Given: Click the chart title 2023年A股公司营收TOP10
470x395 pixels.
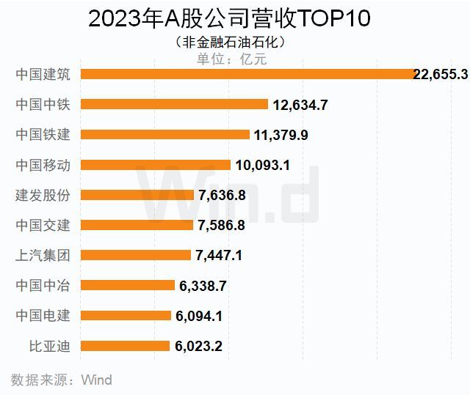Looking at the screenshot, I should pos(234,18).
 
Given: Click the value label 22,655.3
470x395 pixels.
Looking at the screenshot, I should pos(441,75).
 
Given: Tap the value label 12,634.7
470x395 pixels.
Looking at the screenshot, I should pos(300,106).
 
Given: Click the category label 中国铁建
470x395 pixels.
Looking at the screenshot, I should pos(43,135).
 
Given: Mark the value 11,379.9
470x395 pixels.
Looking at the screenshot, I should pos(281,136).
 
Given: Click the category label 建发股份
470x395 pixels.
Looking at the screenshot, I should pos(43,195).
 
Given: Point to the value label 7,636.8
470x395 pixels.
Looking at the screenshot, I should pos(221,196).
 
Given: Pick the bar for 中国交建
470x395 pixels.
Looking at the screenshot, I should pos(137,225).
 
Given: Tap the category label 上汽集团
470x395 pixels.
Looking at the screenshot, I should pos(43,255).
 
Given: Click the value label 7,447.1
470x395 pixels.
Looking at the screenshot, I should pos(219,256).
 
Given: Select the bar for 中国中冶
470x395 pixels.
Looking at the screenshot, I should pos(127,285).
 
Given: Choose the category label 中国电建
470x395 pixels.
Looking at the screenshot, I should pos(43,315).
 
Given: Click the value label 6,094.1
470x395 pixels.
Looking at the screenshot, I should pos(199,316).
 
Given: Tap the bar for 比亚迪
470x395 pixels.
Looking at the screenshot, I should pos(125,345).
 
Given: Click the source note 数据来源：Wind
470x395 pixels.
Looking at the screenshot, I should pos(62,380).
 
